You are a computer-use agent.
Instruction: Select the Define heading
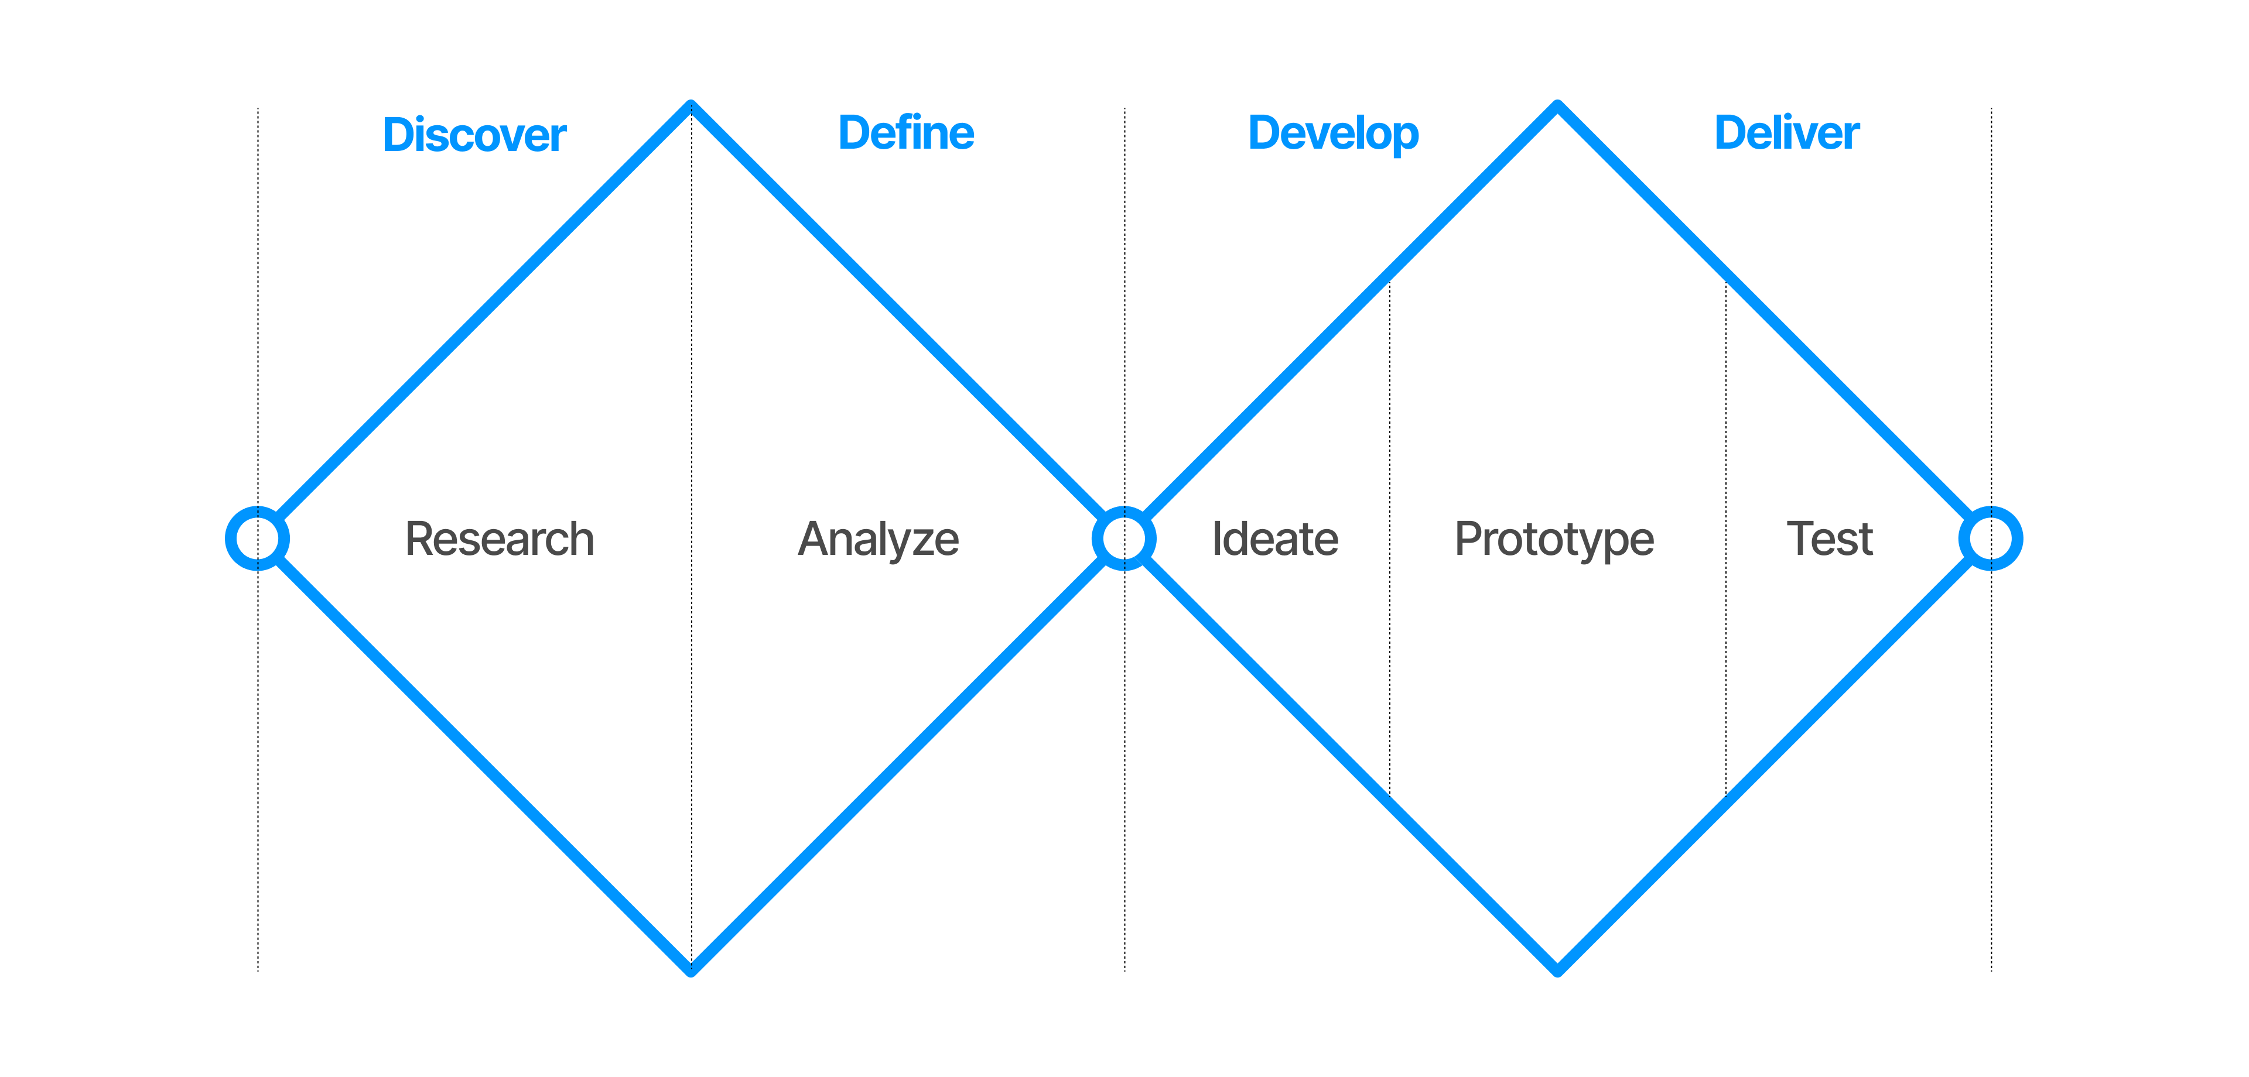[905, 133]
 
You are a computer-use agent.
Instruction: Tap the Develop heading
[1333, 133]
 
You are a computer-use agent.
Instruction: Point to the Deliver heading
[1786, 133]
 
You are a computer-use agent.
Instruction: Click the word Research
[500, 538]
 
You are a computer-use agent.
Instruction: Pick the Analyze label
[879, 539]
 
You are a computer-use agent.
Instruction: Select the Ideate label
[1274, 538]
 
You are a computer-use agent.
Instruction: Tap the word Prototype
[1554, 539]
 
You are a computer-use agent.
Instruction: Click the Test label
[1829, 538]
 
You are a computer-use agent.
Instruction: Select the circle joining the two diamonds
[1124, 538]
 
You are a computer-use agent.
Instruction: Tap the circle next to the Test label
[1991, 538]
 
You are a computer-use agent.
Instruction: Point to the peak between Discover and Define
[691, 105]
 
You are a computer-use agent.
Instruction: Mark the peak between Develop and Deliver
[1557, 105]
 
